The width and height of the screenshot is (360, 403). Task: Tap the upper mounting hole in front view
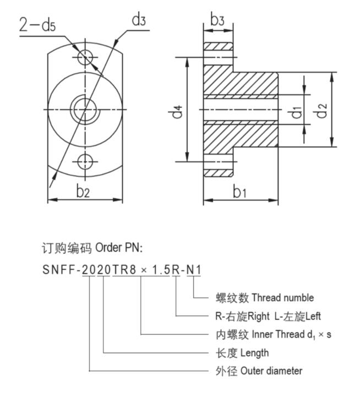tap(85, 57)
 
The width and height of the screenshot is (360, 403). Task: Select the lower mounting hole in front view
tap(85, 161)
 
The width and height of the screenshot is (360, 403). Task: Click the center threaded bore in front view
tap(85, 109)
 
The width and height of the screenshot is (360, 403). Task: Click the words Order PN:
tap(118, 247)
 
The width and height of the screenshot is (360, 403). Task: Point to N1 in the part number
tap(194, 271)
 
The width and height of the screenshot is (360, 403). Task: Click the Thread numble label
tap(282, 298)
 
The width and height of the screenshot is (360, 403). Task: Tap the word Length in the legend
tap(254, 353)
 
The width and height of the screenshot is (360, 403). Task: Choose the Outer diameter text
tap(271, 371)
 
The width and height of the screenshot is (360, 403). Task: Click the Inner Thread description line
tap(273, 335)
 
